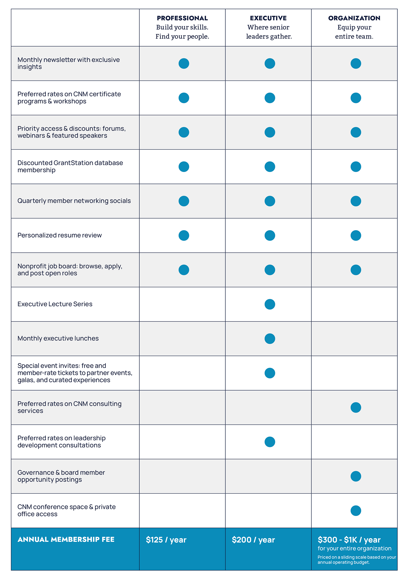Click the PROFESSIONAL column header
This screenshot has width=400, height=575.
[182, 18]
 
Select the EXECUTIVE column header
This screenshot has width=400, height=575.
[268, 18]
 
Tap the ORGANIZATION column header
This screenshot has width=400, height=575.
[354, 18]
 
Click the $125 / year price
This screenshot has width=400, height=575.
[166, 540]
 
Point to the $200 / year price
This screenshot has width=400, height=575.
[253, 540]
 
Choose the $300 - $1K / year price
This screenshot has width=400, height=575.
[349, 540]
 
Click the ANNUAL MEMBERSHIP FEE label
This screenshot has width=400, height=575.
[66, 539]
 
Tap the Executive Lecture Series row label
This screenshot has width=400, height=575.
[55, 304]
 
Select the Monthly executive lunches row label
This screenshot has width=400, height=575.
[58, 338]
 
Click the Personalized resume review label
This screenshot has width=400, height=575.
[59, 235]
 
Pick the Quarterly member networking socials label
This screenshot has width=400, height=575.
[74, 201]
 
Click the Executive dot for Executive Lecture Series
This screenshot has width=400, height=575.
[270, 304]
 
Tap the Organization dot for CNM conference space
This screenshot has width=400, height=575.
[356, 511]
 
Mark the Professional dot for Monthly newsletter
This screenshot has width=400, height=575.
[184, 63]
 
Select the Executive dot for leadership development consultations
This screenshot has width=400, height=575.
[270, 442]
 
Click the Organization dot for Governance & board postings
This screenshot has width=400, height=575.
[356, 476]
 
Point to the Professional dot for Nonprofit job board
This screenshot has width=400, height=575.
[184, 270]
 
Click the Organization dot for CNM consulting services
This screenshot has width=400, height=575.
[356, 407]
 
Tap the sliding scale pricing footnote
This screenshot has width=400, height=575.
[357, 560]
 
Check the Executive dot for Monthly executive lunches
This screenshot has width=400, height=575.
[270, 338]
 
